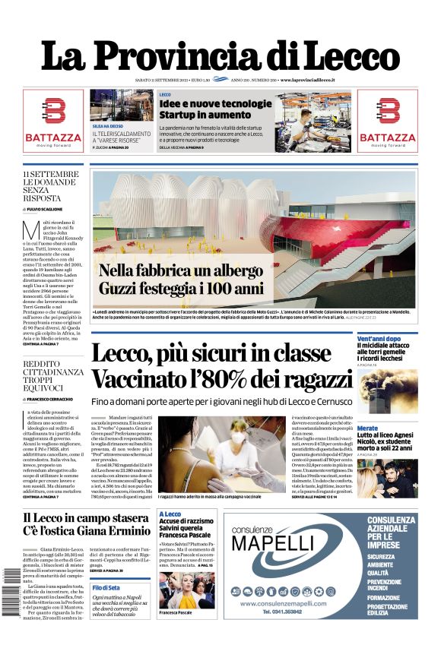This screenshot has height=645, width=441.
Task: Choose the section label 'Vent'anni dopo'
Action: click(379, 338)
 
